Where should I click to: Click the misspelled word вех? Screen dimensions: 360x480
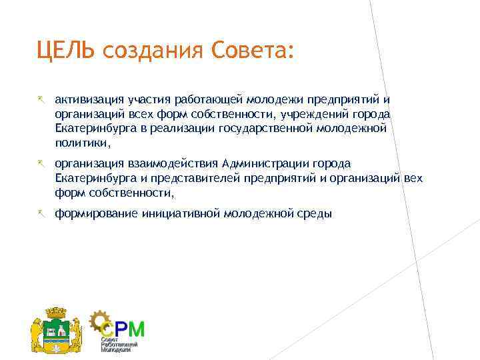pyautogui.click(x=413, y=178)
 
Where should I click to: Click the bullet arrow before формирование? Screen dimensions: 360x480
pyautogui.click(x=41, y=213)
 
